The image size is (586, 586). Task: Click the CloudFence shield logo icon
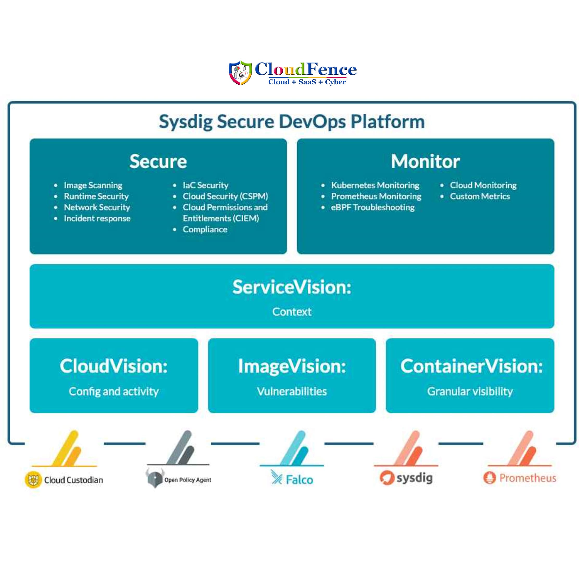tap(240, 73)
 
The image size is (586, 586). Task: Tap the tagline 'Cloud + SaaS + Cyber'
tap(307, 82)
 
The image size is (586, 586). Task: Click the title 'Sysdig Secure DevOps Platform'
tap(292, 122)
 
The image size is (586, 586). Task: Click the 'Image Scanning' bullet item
tap(93, 185)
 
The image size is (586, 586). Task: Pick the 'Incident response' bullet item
tap(97, 219)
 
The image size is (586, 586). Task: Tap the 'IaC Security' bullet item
tap(205, 185)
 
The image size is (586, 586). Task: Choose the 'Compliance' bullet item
tap(205, 229)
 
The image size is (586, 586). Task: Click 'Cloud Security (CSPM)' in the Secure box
tap(225, 196)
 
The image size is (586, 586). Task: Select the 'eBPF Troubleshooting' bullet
tap(372, 208)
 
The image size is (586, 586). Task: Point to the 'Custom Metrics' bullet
tap(480, 196)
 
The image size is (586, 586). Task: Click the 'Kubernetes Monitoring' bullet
tap(375, 185)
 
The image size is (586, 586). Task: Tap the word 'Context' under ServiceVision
tap(292, 312)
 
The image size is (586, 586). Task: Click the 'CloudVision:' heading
tap(114, 366)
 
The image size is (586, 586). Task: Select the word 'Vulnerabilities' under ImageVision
tap(292, 391)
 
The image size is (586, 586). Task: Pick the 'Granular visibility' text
tap(470, 391)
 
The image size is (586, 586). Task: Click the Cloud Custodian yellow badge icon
tap(33, 480)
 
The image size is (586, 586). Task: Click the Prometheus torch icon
tap(489, 478)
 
